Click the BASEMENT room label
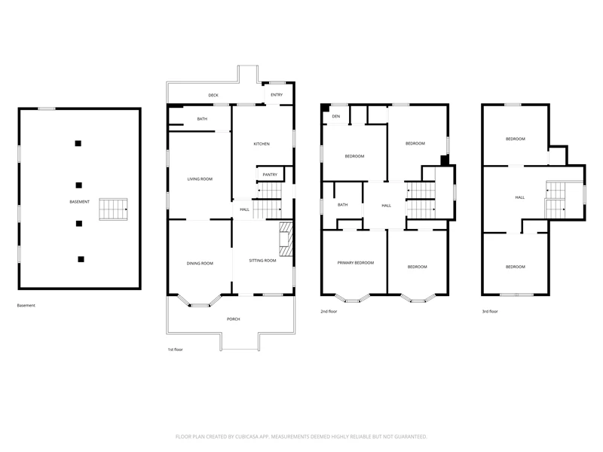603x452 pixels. click(80, 202)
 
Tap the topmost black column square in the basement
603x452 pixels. click(78, 143)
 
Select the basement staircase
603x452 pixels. click(114, 209)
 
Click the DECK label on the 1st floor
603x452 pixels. click(213, 96)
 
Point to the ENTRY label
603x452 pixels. click(277, 95)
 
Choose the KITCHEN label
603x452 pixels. click(262, 144)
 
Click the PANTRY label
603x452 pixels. click(270, 175)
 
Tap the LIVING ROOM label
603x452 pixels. click(200, 179)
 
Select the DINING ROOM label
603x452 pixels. click(200, 263)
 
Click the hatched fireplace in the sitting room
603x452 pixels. click(286, 239)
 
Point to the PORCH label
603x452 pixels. click(234, 319)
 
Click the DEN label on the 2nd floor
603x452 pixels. click(336, 117)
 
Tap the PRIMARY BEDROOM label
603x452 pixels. click(356, 263)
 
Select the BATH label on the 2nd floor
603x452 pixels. click(343, 205)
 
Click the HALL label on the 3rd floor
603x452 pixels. click(520, 197)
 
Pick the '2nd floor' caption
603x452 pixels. click(329, 311)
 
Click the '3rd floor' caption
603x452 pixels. click(490, 311)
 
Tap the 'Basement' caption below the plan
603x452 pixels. click(26, 306)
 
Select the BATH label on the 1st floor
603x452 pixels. click(202, 119)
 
